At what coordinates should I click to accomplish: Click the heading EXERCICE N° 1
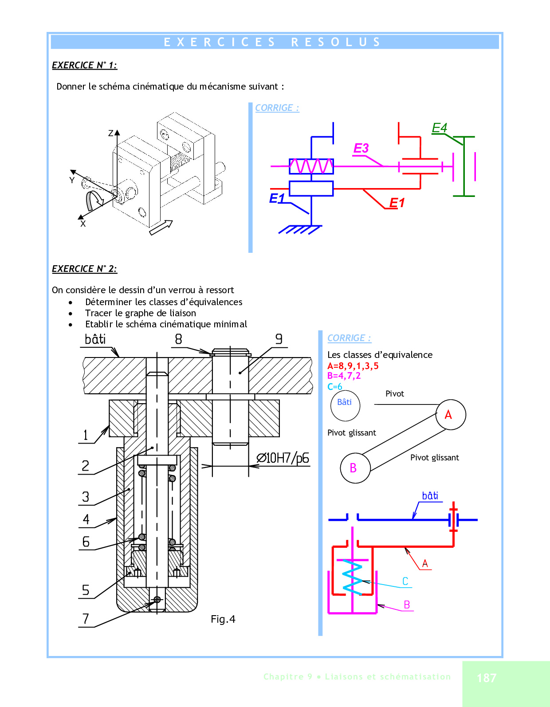[84, 65]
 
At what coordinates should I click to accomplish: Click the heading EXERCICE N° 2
[84, 269]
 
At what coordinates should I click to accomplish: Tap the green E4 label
[440, 128]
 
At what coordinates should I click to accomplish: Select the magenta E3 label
[361, 148]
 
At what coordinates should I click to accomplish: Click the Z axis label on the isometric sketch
[111, 133]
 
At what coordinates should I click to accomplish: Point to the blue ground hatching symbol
[299, 229]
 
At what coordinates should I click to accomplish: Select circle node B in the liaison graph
[355, 468]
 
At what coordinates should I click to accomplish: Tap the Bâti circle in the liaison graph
[345, 405]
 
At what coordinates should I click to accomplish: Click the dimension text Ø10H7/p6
[283, 458]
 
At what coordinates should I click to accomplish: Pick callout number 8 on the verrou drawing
[178, 339]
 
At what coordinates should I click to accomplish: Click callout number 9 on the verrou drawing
[279, 339]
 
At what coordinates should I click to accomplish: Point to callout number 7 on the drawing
[86, 619]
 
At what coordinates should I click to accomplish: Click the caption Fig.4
[223, 619]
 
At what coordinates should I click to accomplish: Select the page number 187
[487, 678]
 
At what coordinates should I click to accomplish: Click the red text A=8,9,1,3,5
[353, 366]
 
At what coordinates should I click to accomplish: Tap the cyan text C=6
[334, 387]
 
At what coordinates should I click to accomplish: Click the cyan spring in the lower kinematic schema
[353, 577]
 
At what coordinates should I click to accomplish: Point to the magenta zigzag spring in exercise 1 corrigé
[311, 166]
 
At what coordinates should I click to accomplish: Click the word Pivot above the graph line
[395, 394]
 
